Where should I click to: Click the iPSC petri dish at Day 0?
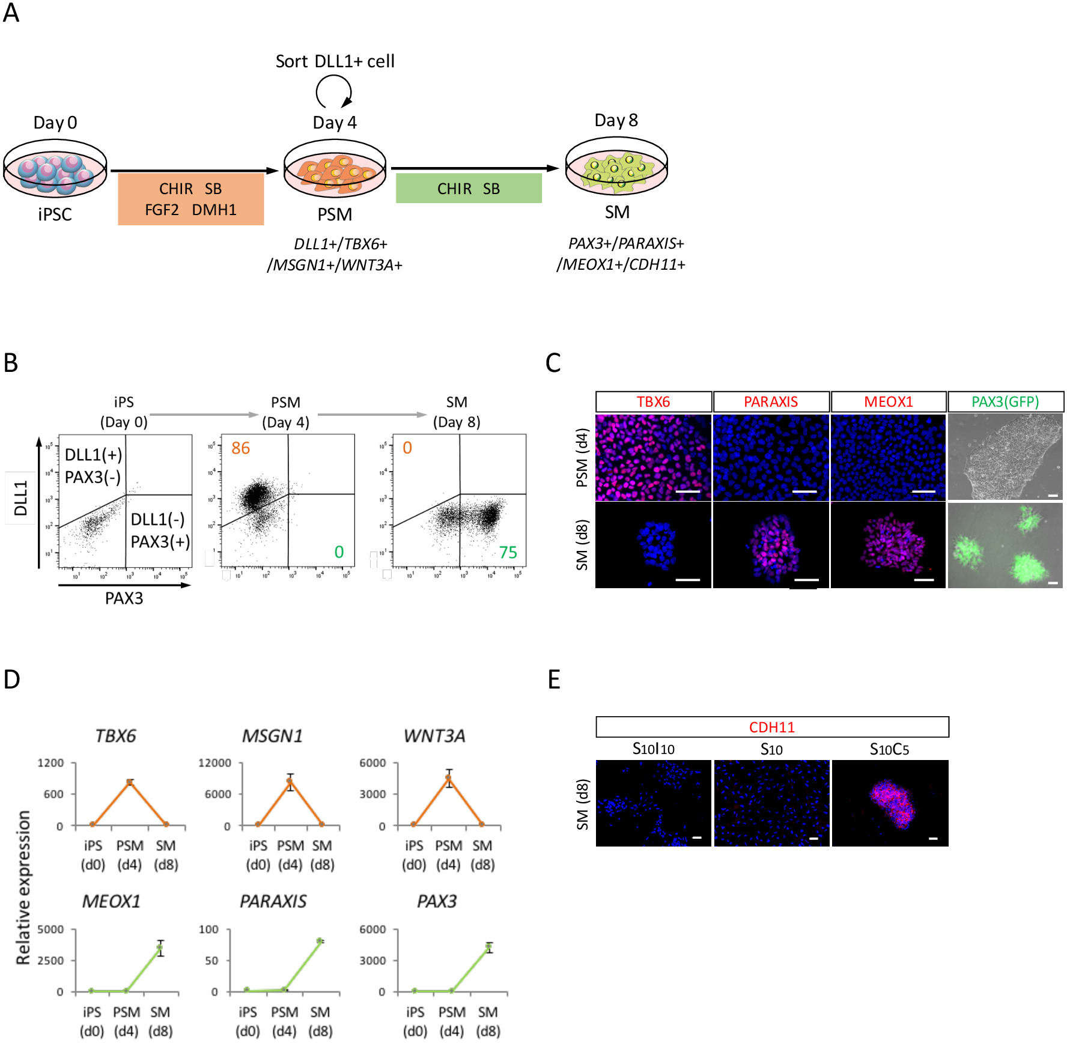click(55, 169)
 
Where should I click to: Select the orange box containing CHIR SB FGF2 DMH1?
click(190, 199)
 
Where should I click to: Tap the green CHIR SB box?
click(469, 188)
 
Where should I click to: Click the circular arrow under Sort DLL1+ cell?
click(333, 92)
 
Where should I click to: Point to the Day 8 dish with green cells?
click(616, 167)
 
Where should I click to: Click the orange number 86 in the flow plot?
click(240, 448)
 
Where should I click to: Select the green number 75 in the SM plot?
click(508, 553)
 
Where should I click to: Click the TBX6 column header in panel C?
click(653, 402)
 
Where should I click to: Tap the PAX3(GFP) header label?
click(1005, 402)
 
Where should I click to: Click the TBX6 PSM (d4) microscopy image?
click(653, 457)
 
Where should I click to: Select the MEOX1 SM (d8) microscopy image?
click(888, 545)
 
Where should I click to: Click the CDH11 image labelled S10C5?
click(890, 803)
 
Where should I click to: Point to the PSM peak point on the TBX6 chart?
click(130, 782)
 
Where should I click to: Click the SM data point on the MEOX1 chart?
click(160, 947)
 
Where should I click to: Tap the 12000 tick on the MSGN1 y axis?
click(214, 763)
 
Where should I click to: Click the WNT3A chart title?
click(434, 736)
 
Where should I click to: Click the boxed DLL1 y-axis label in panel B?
click(21, 498)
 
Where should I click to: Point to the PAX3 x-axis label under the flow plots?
click(124, 598)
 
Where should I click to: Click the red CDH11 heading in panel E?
click(771, 728)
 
